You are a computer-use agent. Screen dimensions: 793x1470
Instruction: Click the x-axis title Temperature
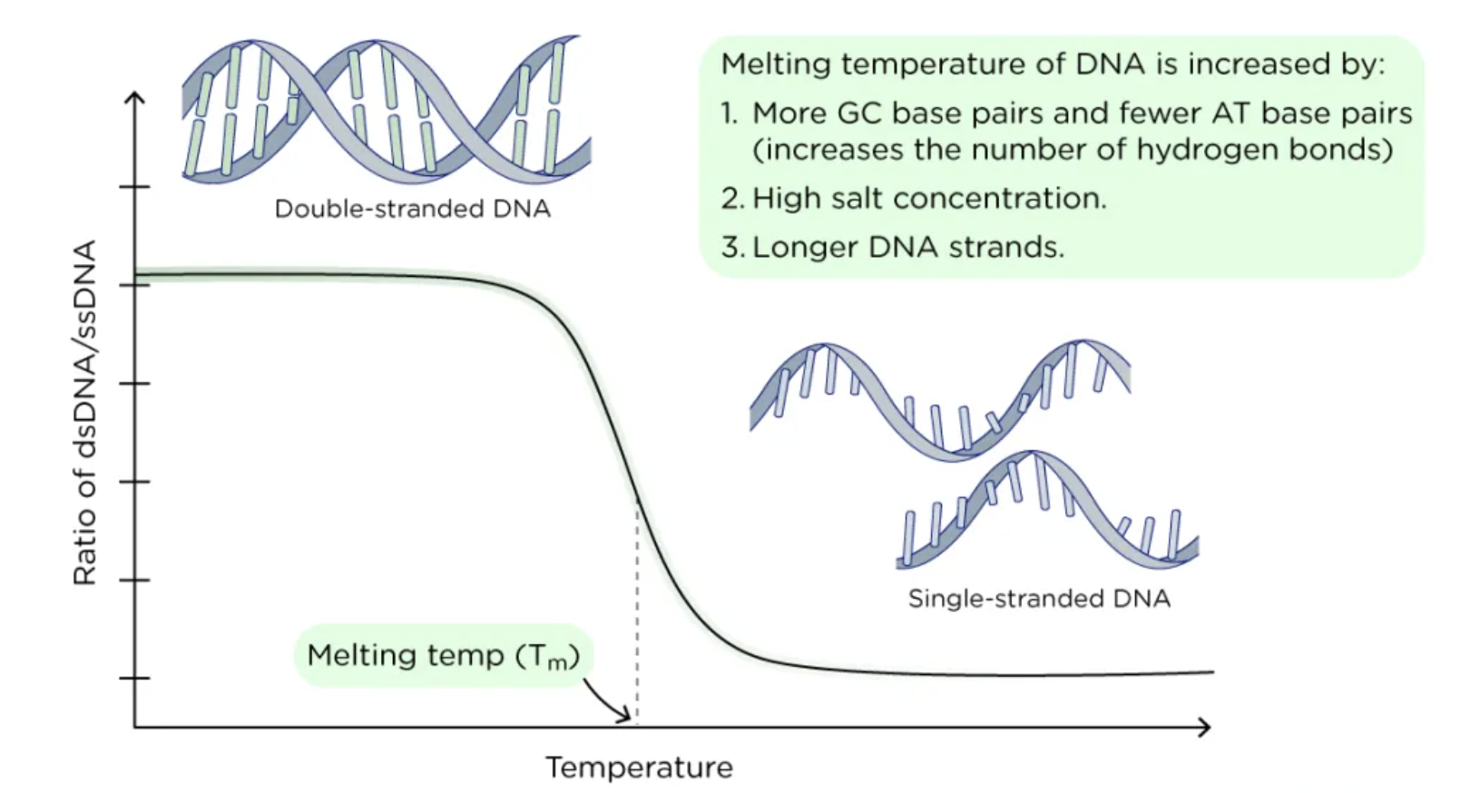639,768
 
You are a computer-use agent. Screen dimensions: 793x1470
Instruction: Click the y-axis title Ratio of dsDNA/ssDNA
84,413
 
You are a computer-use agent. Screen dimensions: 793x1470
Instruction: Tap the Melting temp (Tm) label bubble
443,655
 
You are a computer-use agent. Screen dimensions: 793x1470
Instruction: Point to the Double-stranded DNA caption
412,209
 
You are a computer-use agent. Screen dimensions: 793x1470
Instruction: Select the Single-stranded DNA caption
1039,599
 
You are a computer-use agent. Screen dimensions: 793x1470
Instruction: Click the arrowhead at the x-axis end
1204,727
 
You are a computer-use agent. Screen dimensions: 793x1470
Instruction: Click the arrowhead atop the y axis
135,98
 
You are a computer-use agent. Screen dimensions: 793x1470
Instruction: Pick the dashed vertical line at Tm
637,617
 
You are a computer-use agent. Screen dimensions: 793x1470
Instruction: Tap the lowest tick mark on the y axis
134,678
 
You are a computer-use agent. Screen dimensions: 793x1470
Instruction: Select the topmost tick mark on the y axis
134,187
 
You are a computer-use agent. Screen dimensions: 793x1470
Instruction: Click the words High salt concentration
929,198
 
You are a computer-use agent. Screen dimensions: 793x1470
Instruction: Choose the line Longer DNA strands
907,247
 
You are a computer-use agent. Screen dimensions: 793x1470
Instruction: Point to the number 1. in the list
730,113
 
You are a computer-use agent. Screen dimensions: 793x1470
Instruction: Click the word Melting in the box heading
775,64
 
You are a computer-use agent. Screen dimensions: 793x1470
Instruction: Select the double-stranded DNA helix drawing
386,109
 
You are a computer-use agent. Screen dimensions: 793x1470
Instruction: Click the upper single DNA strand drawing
939,399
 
